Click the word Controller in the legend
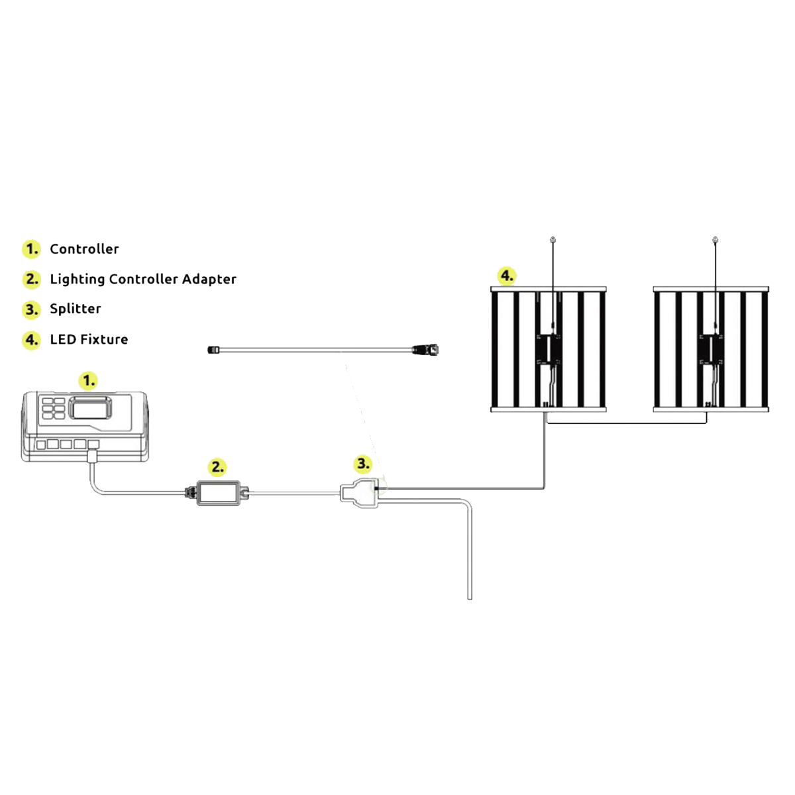click(84, 249)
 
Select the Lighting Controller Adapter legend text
click(142, 279)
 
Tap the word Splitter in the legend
click(75, 309)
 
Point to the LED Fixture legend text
click(89, 339)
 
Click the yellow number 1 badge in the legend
click(30, 249)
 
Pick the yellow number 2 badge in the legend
click(30, 279)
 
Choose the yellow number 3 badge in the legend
click(30, 309)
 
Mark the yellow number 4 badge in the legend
click(30, 340)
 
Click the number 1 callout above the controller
click(87, 381)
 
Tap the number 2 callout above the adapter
click(218, 467)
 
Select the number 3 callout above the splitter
click(362, 463)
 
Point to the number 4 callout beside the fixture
click(506, 275)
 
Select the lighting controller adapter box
click(218, 492)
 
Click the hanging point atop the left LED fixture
click(554, 238)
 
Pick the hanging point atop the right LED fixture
click(714, 238)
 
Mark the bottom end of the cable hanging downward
click(470, 598)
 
